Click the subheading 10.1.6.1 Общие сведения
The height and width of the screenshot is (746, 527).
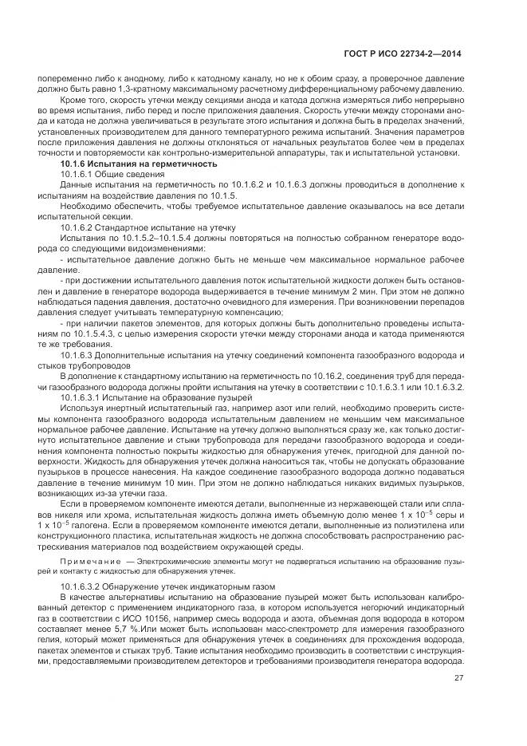click(109, 173)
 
